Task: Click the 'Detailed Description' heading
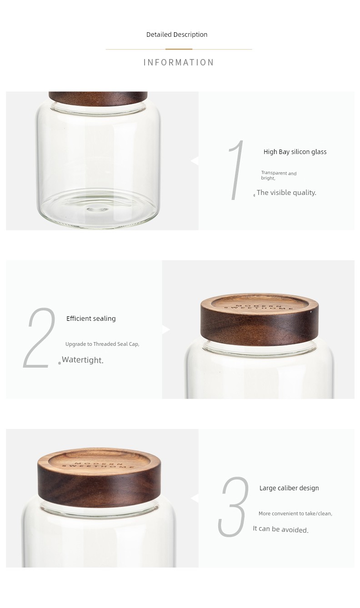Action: (177, 35)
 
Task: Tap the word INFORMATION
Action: (179, 62)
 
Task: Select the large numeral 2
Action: (40, 338)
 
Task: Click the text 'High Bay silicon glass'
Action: (295, 152)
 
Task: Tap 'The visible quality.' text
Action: (286, 193)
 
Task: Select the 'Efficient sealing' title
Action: (91, 319)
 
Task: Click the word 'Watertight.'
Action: (83, 360)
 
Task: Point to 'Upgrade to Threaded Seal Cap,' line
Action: (102, 344)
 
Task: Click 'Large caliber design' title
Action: (289, 488)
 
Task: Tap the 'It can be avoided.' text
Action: (281, 529)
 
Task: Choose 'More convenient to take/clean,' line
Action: (295, 513)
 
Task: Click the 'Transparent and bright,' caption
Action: (279, 175)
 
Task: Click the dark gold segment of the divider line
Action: (179, 49)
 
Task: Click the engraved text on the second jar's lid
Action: (259, 307)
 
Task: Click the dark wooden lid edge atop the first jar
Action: (98, 98)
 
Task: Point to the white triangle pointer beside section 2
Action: (166, 329)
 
